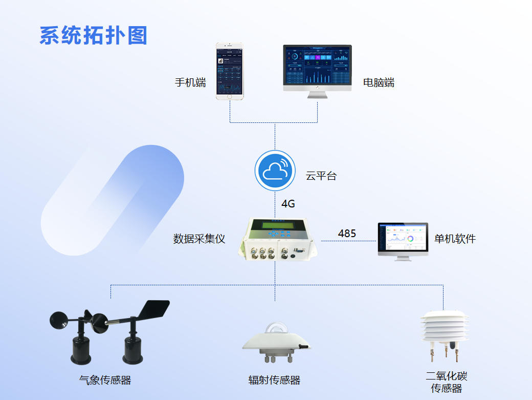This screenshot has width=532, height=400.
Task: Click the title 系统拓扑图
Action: (93, 35)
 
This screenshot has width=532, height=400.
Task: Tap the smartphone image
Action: (229, 72)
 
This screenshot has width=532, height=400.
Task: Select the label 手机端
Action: (190, 82)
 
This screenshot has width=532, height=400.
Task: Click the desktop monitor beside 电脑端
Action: (317, 68)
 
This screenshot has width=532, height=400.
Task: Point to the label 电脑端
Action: (379, 82)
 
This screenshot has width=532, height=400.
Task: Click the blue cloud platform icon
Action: (275, 171)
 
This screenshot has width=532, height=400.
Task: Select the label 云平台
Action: (321, 176)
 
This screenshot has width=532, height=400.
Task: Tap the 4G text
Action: (288, 204)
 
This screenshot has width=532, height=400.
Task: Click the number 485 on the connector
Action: (347, 234)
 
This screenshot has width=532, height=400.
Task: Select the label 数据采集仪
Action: (199, 239)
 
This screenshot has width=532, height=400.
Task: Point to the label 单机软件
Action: (455, 239)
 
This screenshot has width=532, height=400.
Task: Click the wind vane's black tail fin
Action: (156, 309)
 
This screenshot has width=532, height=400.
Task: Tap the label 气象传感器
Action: (105, 381)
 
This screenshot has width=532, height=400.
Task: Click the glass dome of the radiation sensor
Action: (275, 329)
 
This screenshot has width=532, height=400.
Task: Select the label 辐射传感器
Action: (274, 380)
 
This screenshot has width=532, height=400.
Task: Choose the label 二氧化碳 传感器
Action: (447, 383)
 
